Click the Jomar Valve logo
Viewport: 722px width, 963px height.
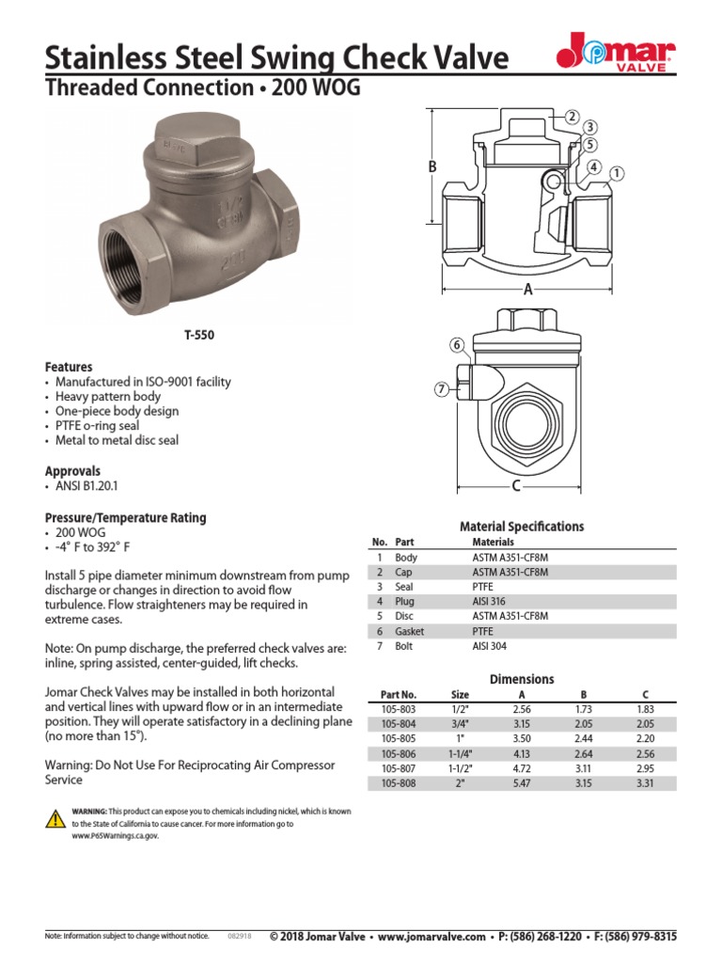tap(615, 52)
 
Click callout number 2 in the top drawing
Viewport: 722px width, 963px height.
tap(571, 117)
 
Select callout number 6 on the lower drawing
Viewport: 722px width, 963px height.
tap(457, 344)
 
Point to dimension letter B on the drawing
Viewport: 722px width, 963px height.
tap(433, 166)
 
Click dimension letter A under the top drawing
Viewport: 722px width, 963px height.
tap(527, 291)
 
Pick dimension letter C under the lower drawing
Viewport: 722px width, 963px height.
tap(516, 486)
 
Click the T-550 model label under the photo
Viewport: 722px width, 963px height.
tap(196, 334)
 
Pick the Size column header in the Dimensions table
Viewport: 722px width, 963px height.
tap(460, 694)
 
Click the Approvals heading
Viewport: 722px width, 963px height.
tap(72, 470)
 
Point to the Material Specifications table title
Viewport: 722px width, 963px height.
tap(521, 527)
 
